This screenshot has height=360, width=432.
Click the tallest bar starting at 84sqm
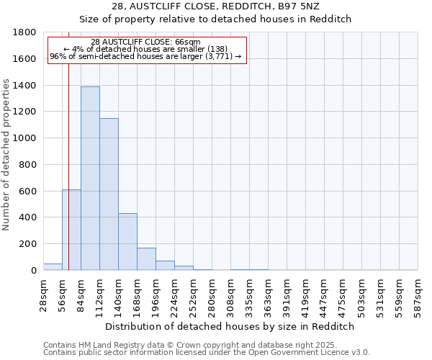[x=90, y=179]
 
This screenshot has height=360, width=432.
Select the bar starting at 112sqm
[x=109, y=194]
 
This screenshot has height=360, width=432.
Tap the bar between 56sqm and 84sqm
[x=71, y=230]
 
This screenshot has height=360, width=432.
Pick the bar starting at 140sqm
[x=127, y=242]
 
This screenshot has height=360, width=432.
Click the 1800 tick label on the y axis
[x=24, y=32]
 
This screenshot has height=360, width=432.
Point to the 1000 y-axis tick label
[x=24, y=138]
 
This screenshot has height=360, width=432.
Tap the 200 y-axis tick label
[x=27, y=244]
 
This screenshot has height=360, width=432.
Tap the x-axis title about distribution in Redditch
[x=230, y=326]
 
